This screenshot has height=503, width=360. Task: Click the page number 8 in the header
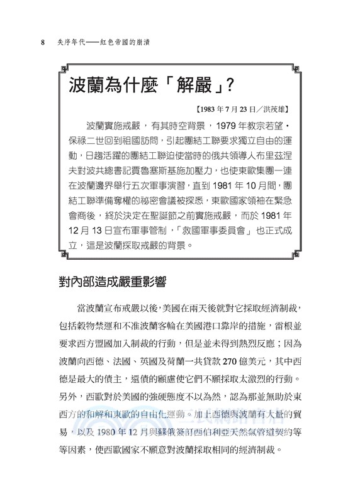tap(42, 42)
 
